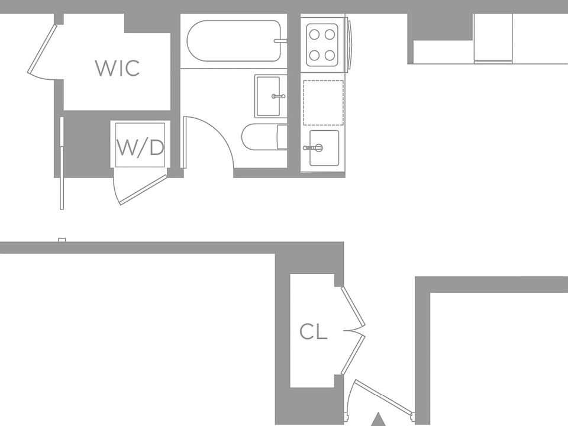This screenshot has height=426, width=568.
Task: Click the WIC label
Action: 117,68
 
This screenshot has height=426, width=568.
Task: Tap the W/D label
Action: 140,147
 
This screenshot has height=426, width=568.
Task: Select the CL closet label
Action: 313,332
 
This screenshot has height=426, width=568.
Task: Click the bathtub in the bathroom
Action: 234,41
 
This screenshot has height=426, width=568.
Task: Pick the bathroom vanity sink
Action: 267,96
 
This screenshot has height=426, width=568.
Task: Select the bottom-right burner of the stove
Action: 331,56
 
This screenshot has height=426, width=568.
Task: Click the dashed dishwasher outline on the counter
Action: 323,102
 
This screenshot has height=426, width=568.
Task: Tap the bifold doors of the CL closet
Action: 354,330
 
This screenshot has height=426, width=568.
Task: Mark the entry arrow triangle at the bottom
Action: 378,420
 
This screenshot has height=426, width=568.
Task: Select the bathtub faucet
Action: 280,41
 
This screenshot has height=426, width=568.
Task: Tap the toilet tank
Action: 282,137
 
